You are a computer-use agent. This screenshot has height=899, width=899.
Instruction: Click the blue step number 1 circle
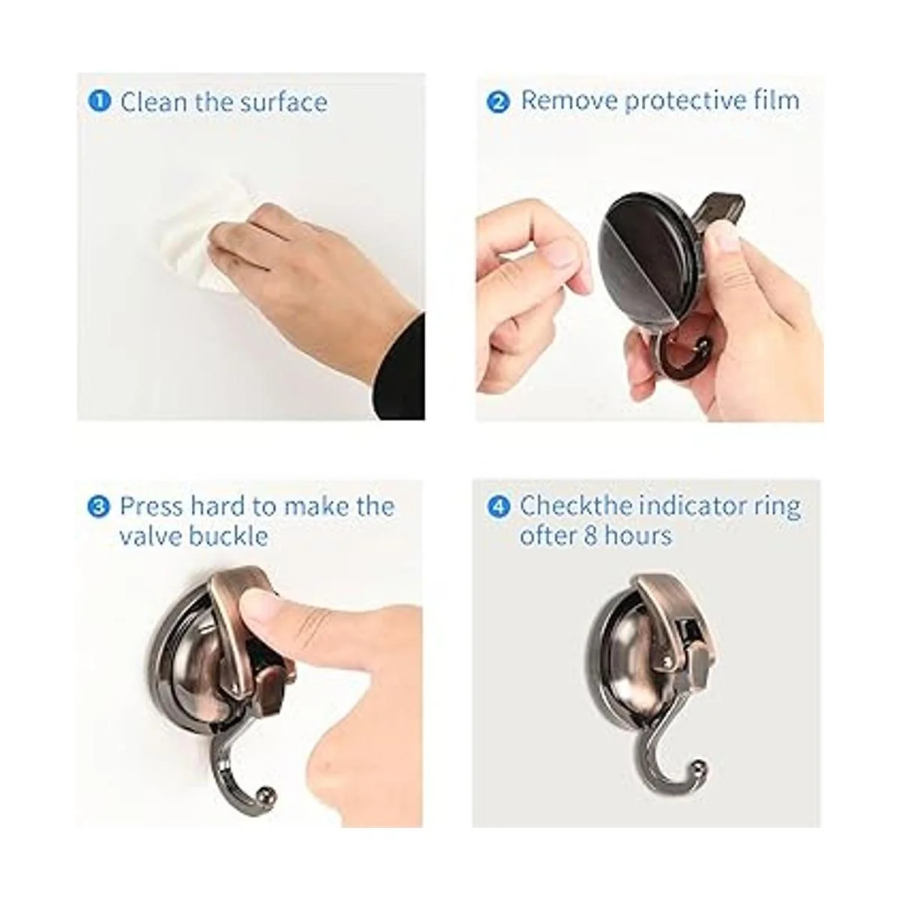(99, 101)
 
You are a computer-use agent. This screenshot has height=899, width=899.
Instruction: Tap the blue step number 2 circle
(498, 101)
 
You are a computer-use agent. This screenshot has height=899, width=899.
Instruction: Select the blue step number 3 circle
(98, 506)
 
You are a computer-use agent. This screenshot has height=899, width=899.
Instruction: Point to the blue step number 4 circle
(498, 506)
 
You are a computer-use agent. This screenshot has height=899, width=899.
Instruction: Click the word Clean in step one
(154, 101)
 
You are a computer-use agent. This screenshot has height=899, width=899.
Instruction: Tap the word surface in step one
(283, 101)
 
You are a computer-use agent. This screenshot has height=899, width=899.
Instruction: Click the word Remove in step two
(569, 100)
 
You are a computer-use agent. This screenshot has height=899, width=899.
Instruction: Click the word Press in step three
(151, 506)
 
